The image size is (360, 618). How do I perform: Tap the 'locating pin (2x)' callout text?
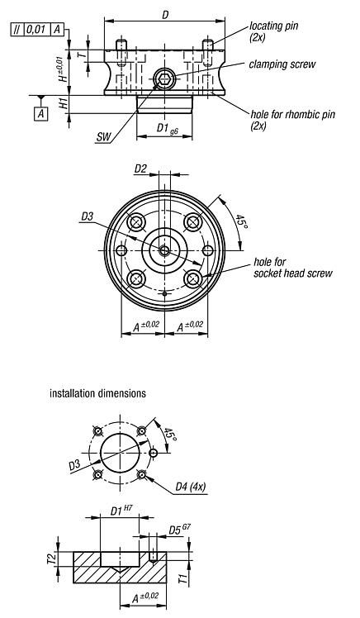click(x=275, y=31)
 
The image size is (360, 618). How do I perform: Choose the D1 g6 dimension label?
click(x=168, y=129)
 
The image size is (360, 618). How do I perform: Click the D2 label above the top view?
click(x=140, y=169)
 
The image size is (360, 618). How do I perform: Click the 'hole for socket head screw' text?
click(x=292, y=268)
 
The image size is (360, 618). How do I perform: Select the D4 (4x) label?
click(x=192, y=487)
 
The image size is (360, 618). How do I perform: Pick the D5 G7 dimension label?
click(x=177, y=530)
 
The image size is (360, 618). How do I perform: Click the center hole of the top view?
click(x=165, y=250)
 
